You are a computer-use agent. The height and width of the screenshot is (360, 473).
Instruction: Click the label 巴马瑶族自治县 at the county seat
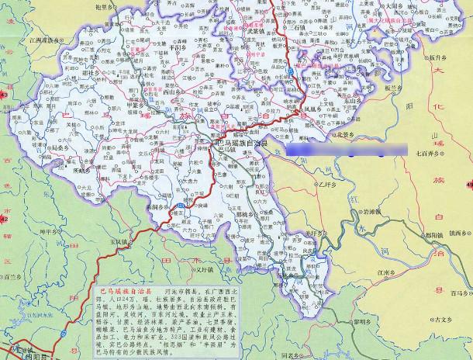coord(243,144)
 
